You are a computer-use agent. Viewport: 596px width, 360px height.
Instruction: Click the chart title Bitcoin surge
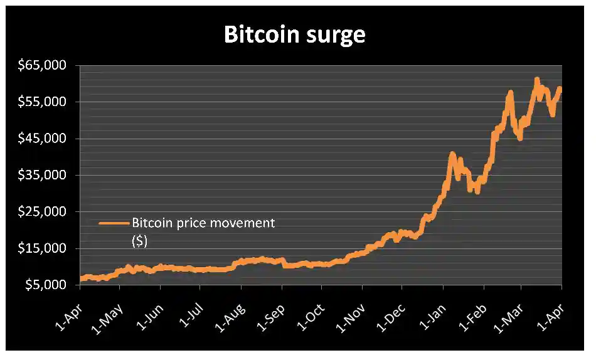tap(294, 35)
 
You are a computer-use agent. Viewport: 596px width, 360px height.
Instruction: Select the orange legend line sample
tap(114, 223)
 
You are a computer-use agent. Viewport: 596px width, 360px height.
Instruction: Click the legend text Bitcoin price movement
tap(203, 223)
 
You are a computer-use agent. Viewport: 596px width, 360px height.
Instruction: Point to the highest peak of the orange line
tap(537, 80)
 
